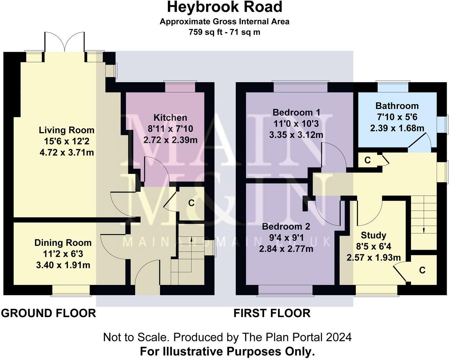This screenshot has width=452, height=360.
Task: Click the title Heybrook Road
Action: pyautogui.click(x=224, y=7)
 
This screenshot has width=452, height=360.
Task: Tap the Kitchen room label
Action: pyautogui.click(x=170, y=118)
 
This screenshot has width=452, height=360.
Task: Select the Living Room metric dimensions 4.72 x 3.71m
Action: pyautogui.click(x=66, y=152)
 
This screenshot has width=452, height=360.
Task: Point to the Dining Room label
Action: pyautogui.click(x=63, y=243)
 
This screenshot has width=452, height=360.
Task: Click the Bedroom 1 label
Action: pyautogui.click(x=296, y=112)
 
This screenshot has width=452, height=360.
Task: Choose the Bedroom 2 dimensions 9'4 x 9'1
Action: pyautogui.click(x=286, y=237)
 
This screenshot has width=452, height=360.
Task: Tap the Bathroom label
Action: pyautogui.click(x=397, y=106)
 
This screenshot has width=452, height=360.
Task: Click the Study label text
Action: pyautogui.click(x=373, y=235)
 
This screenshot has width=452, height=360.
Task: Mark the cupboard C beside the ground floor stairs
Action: pyautogui.click(x=192, y=203)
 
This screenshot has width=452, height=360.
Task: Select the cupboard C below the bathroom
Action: pyautogui.click(x=368, y=160)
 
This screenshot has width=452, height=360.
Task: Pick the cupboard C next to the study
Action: pyautogui.click(x=422, y=270)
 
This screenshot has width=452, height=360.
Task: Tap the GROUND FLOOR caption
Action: pyautogui.click(x=49, y=313)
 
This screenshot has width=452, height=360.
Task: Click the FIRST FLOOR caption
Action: pyautogui.click(x=272, y=313)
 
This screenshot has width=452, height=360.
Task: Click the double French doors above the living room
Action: pyautogui.click(x=64, y=42)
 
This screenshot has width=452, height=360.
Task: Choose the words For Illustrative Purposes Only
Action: pyautogui.click(x=228, y=351)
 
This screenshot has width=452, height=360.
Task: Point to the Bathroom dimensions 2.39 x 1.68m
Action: pyautogui.click(x=397, y=128)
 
